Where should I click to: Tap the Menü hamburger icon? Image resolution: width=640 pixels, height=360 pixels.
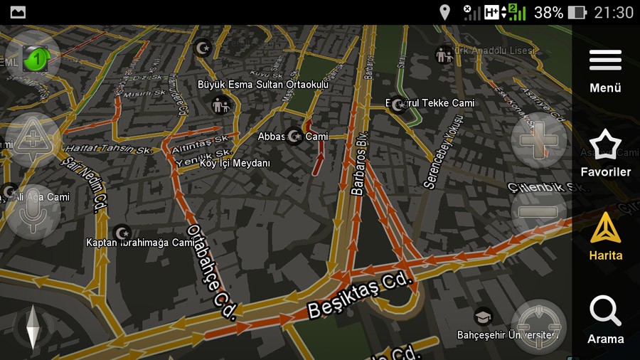point(605,60)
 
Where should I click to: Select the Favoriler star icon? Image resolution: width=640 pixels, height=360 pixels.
point(605,144)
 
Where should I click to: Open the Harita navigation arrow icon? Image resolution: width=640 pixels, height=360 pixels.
point(605,228)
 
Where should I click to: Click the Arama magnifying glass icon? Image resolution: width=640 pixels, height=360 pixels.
point(605,312)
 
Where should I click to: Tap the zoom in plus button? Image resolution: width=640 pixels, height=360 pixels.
point(538,140)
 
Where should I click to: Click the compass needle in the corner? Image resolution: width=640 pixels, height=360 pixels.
point(33,327)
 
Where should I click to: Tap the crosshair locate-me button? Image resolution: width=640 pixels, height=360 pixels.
point(538,327)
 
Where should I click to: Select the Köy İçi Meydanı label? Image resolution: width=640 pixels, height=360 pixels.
point(235,163)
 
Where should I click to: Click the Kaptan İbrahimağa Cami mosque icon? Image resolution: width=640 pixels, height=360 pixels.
point(122,232)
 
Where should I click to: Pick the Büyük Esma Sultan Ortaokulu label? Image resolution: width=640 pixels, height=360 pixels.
point(263,85)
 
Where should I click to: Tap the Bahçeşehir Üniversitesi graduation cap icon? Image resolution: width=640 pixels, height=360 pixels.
point(484,316)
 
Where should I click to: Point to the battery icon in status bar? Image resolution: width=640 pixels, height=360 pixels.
point(577,12)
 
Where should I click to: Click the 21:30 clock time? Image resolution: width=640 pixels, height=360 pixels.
point(613,12)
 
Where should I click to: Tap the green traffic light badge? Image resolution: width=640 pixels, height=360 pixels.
point(33,58)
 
